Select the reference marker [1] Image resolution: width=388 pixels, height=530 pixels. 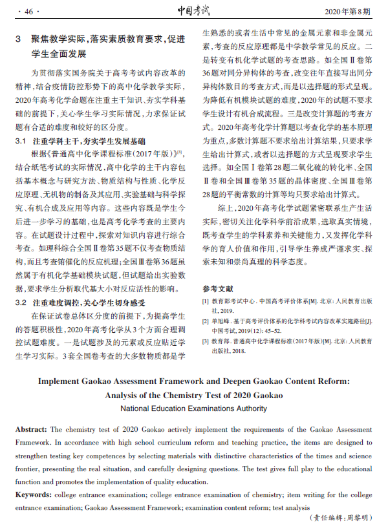point(206,301)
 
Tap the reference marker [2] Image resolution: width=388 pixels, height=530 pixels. point(206,321)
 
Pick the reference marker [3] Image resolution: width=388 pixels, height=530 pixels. point(206,341)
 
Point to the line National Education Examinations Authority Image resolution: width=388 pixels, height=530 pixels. point(193,408)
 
